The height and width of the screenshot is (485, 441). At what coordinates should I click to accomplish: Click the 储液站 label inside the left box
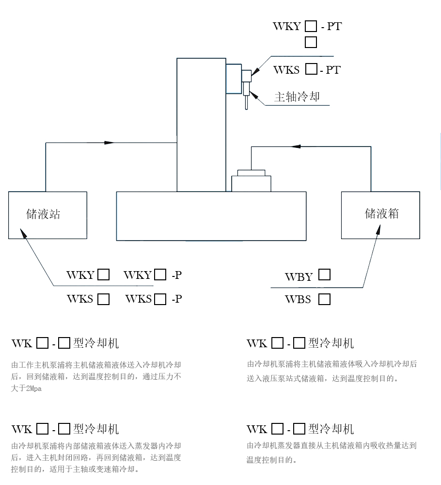(x=43, y=214)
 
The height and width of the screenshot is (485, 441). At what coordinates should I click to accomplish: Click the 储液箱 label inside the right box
(x=381, y=213)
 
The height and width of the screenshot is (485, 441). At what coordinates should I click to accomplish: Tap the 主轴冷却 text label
(x=297, y=97)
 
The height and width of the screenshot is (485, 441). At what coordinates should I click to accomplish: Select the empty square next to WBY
(x=324, y=275)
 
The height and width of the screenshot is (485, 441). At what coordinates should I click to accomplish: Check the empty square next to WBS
(x=324, y=299)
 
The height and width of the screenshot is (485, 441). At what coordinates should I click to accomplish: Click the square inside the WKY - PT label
(x=311, y=26)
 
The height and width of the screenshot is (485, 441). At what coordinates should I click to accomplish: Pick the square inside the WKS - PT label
(x=311, y=69)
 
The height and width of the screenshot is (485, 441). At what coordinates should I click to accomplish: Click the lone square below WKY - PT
(x=311, y=42)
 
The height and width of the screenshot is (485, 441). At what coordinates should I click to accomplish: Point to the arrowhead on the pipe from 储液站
(x=110, y=143)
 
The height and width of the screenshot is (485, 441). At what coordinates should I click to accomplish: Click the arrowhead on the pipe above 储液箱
(x=296, y=146)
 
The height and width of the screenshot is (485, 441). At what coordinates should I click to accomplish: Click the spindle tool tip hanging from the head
(x=247, y=103)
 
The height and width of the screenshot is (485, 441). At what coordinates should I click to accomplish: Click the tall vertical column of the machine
(x=201, y=125)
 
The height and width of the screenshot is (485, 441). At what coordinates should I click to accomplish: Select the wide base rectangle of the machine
(x=211, y=216)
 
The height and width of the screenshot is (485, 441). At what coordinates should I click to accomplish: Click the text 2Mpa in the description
(x=33, y=389)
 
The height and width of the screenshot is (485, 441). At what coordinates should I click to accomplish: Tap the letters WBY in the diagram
(x=299, y=277)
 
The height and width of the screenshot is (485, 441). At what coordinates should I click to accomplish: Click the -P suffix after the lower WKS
(x=176, y=299)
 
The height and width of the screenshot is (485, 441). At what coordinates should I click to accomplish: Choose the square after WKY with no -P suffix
(x=103, y=275)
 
